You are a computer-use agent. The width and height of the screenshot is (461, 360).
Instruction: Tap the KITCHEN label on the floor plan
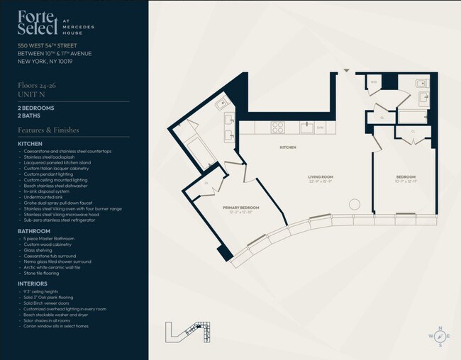(287, 147)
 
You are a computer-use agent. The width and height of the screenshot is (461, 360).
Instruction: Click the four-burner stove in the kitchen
(277, 128)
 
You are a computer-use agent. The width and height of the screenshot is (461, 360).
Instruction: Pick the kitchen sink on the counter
(306, 128)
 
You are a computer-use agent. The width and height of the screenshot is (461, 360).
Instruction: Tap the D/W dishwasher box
(321, 128)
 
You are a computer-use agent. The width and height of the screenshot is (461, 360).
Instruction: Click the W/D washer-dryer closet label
(374, 83)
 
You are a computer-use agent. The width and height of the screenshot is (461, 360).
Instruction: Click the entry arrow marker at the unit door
(346, 70)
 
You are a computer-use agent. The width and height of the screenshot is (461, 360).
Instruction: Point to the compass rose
(439, 336)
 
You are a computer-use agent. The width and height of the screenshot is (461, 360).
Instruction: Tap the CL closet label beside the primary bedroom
(206, 182)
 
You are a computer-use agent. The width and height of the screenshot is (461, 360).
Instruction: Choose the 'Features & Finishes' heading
(48, 130)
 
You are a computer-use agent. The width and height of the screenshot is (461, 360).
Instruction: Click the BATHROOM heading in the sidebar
(34, 231)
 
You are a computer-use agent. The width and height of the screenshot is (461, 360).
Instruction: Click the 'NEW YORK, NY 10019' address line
(45, 62)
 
